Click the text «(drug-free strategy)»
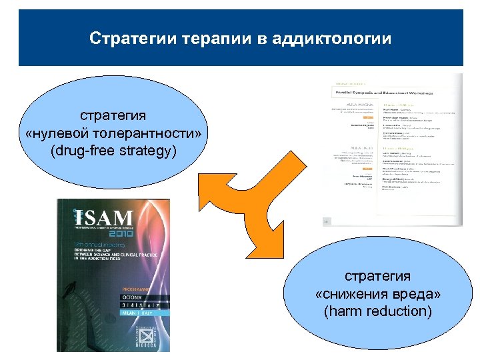113,151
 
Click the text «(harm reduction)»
377,311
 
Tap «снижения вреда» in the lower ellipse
377,295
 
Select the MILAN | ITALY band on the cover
137,311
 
